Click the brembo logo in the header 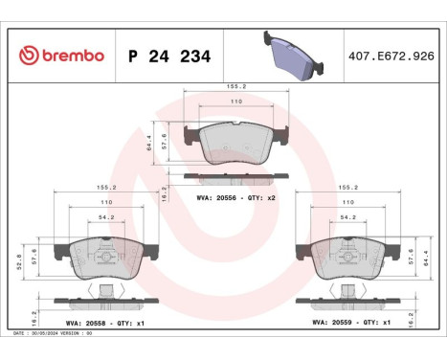[59, 56]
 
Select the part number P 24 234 [168, 56]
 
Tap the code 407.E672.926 [391, 56]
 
